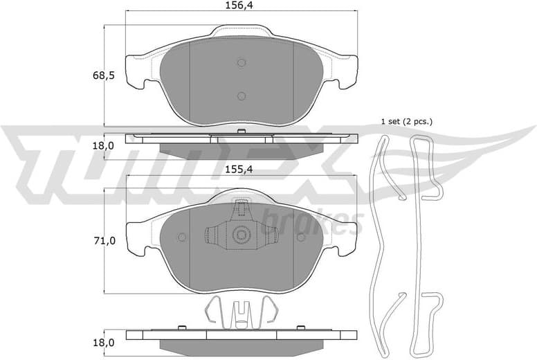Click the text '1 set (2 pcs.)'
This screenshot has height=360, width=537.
coord(406,121)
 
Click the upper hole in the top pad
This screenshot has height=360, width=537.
coord(242,62)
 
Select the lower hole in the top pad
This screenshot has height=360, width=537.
coord(242,96)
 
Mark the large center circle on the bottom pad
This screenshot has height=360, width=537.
coord(241,234)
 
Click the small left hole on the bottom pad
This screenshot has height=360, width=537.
coord(182,237)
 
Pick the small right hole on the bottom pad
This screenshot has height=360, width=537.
coord(300,237)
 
